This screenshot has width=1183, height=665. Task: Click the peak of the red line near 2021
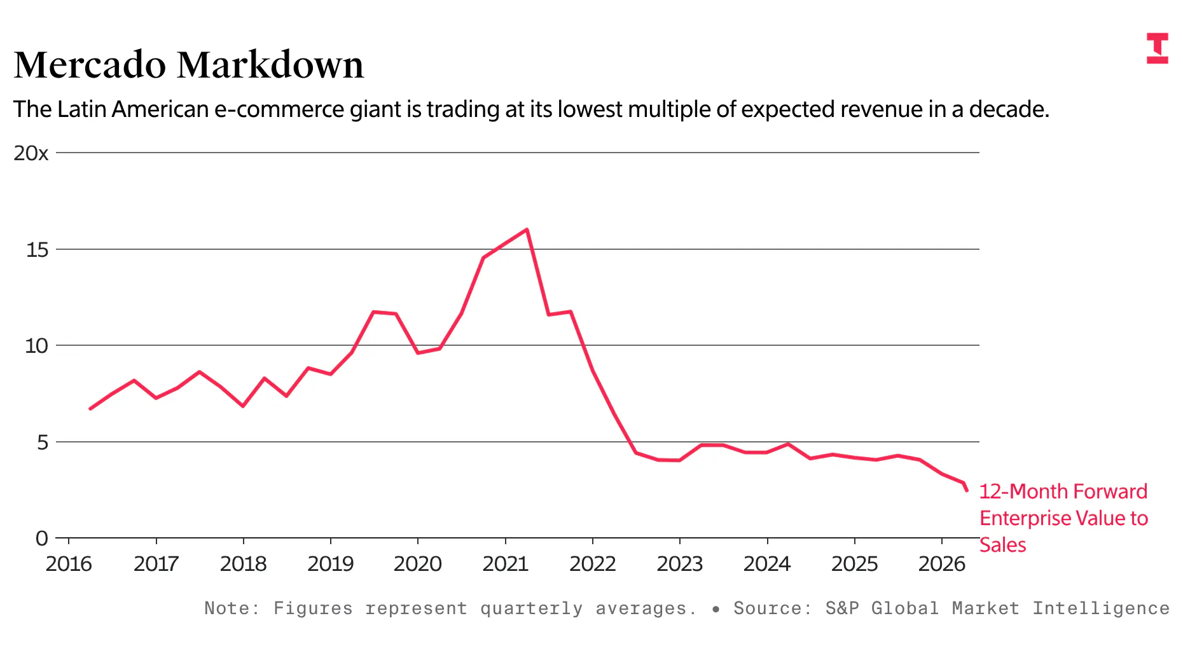pyautogui.click(x=527, y=230)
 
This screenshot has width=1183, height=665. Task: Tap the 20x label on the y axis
pyautogui.click(x=31, y=153)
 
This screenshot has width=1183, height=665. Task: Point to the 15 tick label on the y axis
pyautogui.click(x=37, y=250)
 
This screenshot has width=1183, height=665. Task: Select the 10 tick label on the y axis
pyautogui.click(x=36, y=346)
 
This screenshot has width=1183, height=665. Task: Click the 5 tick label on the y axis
pyautogui.click(x=43, y=442)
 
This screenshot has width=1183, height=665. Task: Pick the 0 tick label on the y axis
pyautogui.click(x=42, y=538)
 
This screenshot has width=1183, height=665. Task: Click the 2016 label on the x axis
pyautogui.click(x=69, y=564)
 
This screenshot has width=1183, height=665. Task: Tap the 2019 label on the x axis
pyautogui.click(x=330, y=564)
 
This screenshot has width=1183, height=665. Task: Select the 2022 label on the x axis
pyautogui.click(x=592, y=564)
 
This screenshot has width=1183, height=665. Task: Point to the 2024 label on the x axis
pyautogui.click(x=766, y=564)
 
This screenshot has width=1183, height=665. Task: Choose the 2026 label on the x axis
pyautogui.click(x=941, y=564)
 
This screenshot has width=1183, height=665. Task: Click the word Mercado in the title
pyautogui.click(x=90, y=65)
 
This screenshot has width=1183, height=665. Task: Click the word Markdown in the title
pyautogui.click(x=270, y=65)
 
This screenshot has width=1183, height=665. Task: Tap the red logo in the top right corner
pyautogui.click(x=1158, y=48)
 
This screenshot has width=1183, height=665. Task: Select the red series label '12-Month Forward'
pyautogui.click(x=1063, y=491)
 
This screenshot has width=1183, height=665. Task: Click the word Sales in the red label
pyautogui.click(x=1002, y=545)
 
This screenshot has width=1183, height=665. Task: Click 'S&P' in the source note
pyautogui.click(x=841, y=608)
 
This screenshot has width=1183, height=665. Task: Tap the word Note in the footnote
pyautogui.click(x=227, y=608)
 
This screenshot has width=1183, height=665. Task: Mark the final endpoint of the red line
pyautogui.click(x=967, y=490)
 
